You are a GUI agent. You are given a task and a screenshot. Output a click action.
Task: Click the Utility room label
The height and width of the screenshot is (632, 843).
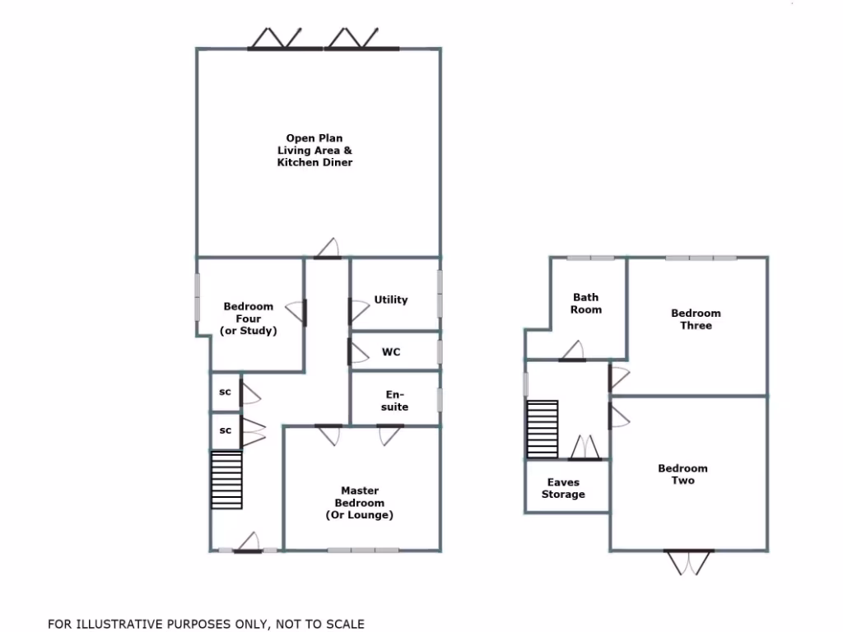(x=391, y=300)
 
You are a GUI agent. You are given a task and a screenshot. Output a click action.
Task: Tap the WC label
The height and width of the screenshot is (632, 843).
(x=391, y=352)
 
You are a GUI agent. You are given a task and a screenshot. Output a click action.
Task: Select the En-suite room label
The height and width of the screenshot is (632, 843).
(x=396, y=401)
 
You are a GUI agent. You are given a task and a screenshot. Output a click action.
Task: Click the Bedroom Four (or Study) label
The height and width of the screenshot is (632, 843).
(x=249, y=318)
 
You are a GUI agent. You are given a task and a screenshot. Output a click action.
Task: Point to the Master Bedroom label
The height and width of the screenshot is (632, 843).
(x=359, y=503)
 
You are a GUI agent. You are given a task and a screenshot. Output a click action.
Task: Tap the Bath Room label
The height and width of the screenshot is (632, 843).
(x=586, y=304)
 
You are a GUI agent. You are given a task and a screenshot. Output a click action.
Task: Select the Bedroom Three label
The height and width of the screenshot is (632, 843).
(x=696, y=319)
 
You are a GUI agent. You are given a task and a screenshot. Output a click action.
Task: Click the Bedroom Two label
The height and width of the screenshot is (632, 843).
(x=682, y=475)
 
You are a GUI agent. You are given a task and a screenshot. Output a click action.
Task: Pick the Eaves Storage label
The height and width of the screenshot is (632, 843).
(x=564, y=489)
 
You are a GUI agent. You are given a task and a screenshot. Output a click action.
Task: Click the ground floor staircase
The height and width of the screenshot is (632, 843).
(x=226, y=480)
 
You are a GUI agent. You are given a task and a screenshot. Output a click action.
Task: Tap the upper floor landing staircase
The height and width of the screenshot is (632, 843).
(x=543, y=429)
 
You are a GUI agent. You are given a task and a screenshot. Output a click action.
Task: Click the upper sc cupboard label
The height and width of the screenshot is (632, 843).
(x=225, y=393)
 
